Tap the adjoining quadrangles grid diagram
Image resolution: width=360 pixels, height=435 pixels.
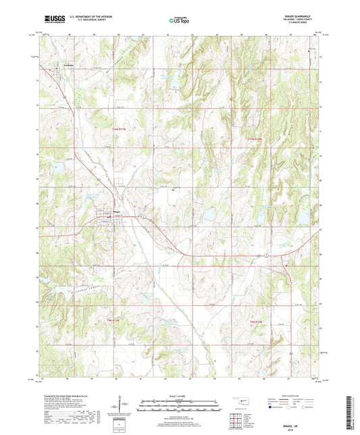pyautogui.click(x=238, y=421)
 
